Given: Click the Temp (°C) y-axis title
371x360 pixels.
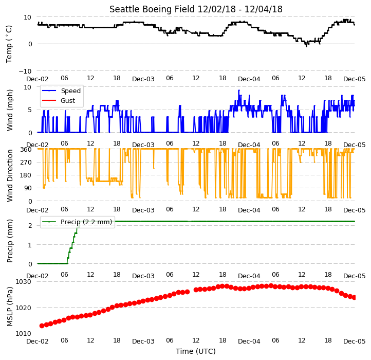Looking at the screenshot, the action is click(x=9, y=44).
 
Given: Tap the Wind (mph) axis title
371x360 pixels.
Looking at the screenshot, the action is click(x=9, y=110).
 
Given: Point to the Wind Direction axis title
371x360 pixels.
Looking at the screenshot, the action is click(x=9, y=175).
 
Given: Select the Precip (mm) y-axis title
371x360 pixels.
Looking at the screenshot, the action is click(x=9, y=241).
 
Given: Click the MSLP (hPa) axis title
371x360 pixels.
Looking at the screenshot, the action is click(x=9, y=307).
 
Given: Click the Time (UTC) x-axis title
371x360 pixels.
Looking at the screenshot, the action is click(x=196, y=351).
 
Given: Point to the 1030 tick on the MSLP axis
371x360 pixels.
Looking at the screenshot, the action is click(x=23, y=282).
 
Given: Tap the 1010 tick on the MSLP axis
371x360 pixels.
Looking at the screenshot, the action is click(x=23, y=333).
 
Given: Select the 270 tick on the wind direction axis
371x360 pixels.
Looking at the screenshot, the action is click(x=26, y=162).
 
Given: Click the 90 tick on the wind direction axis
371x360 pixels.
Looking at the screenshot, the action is click(x=28, y=188).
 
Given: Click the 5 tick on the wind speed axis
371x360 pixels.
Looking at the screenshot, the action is click(x=30, y=110).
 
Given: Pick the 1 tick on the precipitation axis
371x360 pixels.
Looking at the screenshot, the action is click(x=30, y=245).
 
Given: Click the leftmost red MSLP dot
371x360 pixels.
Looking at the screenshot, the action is click(x=42, y=326).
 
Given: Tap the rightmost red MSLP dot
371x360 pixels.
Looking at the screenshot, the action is click(x=354, y=297).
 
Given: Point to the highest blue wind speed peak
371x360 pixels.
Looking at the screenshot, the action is click(x=239, y=90).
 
